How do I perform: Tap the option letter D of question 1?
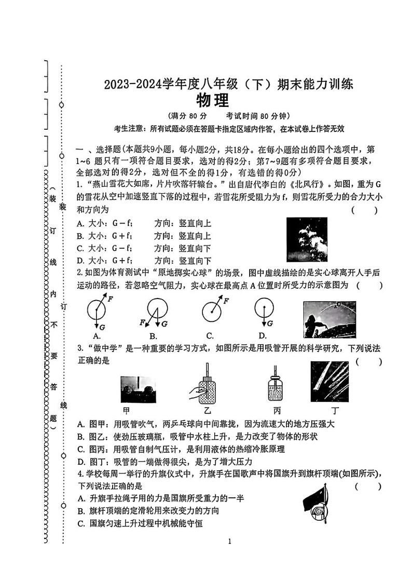(80, 261)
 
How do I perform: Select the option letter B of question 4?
(80, 511)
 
